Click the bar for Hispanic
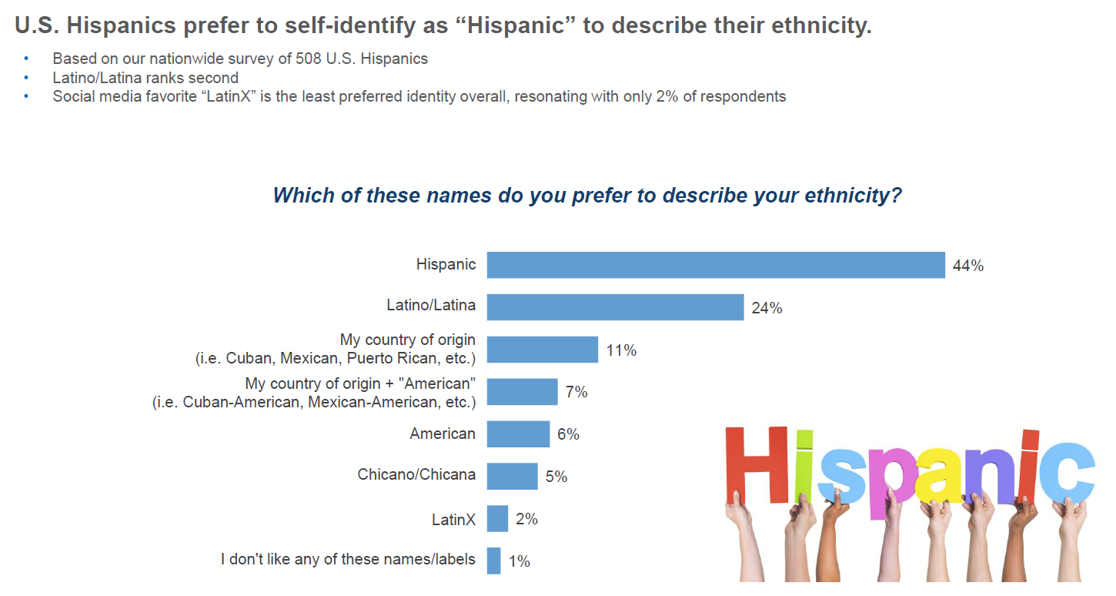(716, 265)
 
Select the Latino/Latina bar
(615, 307)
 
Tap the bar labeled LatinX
(497, 518)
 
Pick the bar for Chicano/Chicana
(512, 476)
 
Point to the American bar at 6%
(518, 434)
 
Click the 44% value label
(967, 266)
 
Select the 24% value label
(767, 308)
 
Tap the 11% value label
(621, 350)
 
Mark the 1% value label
(520, 561)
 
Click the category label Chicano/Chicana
(416, 475)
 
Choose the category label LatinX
(453, 520)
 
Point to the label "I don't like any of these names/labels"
(348, 560)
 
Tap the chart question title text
(587, 195)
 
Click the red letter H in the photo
(757, 467)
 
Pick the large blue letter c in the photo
(1067, 471)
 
